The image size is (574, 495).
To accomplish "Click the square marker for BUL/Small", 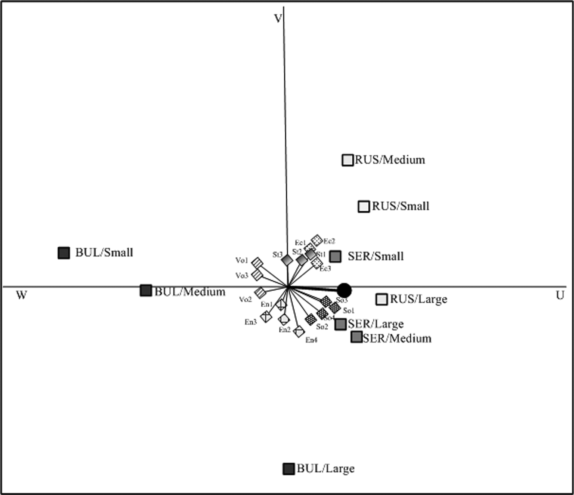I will click(64, 253).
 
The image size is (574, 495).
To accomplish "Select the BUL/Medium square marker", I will click(146, 290).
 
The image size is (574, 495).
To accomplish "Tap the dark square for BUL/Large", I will click(288, 469).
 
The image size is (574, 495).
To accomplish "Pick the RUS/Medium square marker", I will click(348, 160).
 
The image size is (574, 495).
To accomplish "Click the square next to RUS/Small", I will click(364, 207).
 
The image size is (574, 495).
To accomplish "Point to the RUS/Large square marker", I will click(382, 299).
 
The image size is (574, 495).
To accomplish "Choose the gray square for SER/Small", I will click(335, 256).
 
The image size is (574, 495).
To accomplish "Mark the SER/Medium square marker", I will click(357, 337).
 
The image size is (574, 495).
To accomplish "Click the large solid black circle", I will click(344, 290).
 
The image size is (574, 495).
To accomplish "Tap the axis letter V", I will click(278, 19).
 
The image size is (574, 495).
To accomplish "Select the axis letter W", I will click(21, 296).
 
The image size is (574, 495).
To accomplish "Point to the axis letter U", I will click(559, 296).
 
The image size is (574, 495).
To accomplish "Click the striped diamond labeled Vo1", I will click(257, 263).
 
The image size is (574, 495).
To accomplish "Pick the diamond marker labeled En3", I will click(266, 316).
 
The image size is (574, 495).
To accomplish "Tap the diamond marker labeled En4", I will click(299, 331).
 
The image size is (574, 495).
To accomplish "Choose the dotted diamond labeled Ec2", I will click(317, 240).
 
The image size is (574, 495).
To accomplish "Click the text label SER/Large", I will click(376, 324).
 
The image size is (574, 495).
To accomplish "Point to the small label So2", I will click(322, 327).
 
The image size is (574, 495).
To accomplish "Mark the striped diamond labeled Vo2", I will click(260, 292).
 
